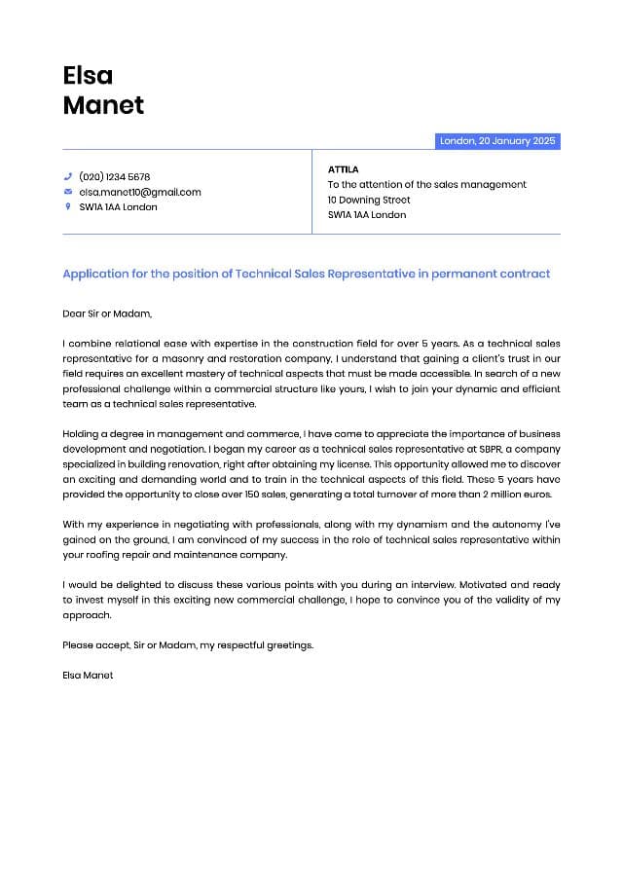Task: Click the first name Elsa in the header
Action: coord(88,75)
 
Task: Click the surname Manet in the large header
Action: coord(103,105)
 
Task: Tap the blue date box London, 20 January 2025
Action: coord(497,141)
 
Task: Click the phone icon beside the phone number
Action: coord(68,177)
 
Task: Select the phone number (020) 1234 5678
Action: coord(114,177)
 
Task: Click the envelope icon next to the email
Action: coord(68,192)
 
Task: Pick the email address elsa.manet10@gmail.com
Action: coord(139,192)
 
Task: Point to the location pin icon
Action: coord(68,206)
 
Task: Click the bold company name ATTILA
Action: coord(343,169)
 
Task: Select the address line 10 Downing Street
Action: coord(369,200)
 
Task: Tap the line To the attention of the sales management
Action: coord(426,184)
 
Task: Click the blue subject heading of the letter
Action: coord(306,274)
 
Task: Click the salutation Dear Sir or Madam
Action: coord(107,313)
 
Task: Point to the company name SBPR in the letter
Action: coord(492,450)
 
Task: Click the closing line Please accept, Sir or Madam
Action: coord(188,644)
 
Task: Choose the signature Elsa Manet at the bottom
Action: coord(88,675)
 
